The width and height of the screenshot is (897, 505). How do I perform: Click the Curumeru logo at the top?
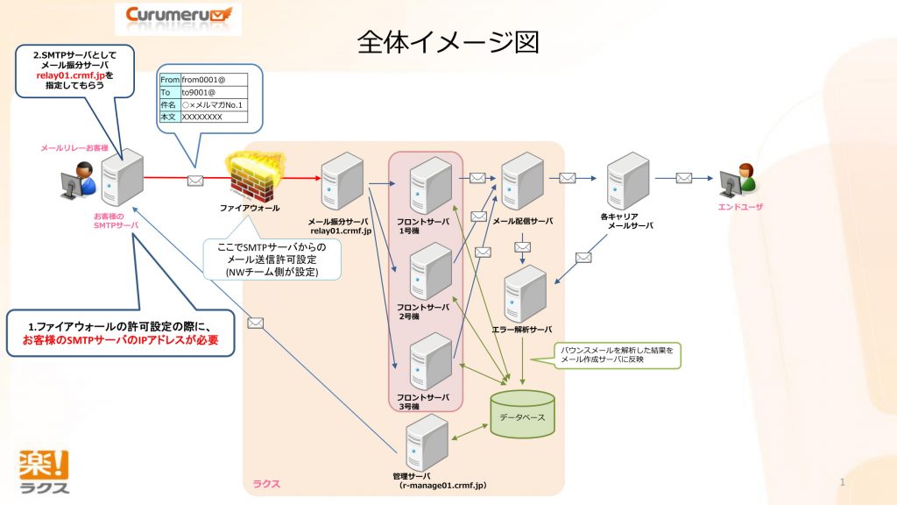178,15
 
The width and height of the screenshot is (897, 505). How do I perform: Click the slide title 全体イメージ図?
448,42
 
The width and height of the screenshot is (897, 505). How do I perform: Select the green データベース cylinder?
522,415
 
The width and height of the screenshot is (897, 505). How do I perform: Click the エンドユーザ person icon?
738,180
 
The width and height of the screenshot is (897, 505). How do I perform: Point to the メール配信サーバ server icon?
523,181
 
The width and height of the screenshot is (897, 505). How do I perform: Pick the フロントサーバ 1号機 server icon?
430,185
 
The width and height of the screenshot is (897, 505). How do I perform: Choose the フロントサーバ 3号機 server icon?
430,361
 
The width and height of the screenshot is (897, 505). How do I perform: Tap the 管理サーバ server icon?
427,442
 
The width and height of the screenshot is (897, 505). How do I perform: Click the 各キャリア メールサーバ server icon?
628,181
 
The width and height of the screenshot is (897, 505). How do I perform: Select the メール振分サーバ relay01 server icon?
342,181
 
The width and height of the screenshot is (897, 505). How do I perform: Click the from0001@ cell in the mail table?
213,80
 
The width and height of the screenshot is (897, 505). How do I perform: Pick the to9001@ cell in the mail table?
213,92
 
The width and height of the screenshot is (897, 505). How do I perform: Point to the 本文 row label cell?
168,117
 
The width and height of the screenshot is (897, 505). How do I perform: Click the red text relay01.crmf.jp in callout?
65,76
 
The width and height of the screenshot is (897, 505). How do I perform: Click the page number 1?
842,483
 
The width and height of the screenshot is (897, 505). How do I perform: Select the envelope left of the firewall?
196,181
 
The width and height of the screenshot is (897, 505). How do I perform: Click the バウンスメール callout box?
617,354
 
